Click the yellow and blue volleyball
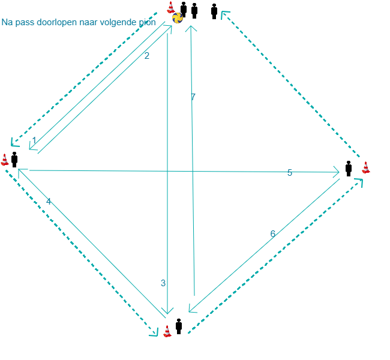178,18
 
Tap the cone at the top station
171,7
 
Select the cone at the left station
5,160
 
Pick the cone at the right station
366,167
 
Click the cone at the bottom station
167,331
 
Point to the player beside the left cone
14,160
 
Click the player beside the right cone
349,169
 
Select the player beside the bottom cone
179,326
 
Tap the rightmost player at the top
214,11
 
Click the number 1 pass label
34,140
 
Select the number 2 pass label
147,56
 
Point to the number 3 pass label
163,283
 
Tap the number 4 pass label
49,201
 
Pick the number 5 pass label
290,173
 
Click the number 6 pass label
272,233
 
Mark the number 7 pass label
193,97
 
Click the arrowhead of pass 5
338,172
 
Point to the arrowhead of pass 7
191,26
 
